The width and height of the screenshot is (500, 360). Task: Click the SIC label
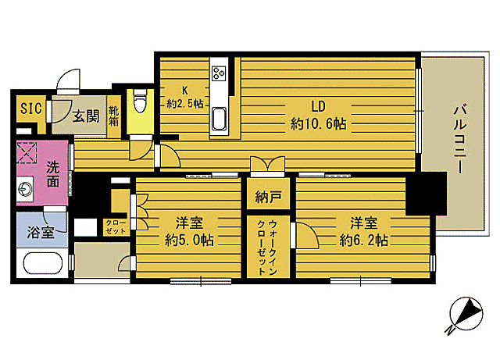pyautogui.click(x=30, y=108)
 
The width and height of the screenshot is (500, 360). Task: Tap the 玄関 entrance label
pyautogui.click(x=86, y=117)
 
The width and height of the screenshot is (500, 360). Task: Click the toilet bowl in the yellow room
pyautogui.click(x=141, y=101)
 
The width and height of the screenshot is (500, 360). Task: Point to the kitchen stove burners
pyautogui.click(x=218, y=74)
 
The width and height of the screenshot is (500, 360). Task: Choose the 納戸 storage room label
pyautogui.click(x=266, y=195)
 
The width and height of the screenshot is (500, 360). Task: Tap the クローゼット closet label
pyautogui.click(x=116, y=227)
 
